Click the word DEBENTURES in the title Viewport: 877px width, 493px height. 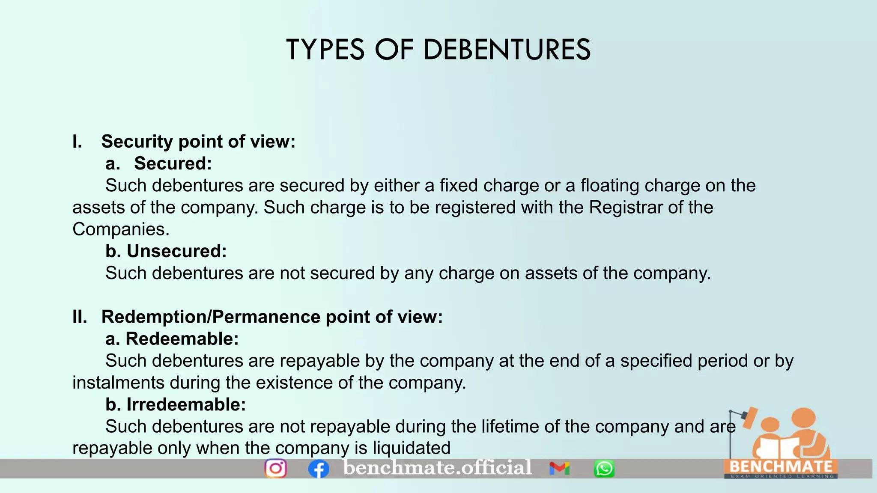tap(507, 50)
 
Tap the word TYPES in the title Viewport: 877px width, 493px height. tap(325, 50)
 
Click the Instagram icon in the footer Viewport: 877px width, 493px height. tap(275, 468)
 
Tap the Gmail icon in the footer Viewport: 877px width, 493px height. tap(559, 469)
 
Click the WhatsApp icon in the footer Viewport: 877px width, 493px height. tap(604, 469)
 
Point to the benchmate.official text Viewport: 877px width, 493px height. tap(438, 467)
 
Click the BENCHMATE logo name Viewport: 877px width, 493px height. tap(781, 466)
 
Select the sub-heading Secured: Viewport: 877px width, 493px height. tap(173, 163)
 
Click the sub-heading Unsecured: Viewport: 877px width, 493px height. tap(176, 251)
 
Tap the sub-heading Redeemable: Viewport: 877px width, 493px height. tap(182, 339)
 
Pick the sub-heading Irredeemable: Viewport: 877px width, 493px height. tap(186, 404)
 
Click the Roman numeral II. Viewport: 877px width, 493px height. tap(80, 317)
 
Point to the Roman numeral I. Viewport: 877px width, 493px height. tap(77, 142)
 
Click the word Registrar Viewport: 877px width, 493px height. tap(626, 208)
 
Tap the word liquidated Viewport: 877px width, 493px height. tap(412, 448)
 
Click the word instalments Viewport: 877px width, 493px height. tap(118, 383)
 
